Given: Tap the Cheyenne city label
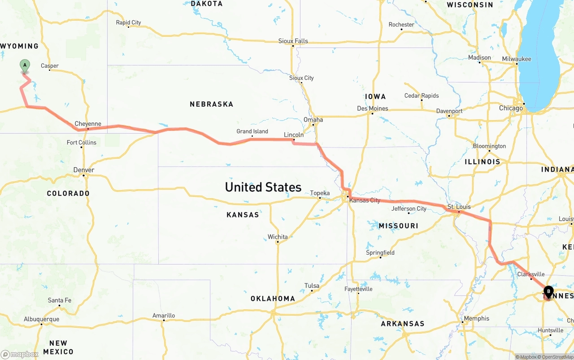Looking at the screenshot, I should pos(88,124).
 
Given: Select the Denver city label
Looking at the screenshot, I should pos(84,170).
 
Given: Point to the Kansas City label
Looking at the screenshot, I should pos(365,200).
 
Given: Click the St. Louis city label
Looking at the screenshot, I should pos(459,207).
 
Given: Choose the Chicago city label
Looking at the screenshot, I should pos(511,108).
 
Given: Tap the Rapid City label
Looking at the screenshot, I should pos(128,22).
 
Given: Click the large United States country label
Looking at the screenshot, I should pos(263,187).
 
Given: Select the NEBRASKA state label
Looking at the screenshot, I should pos(211,104).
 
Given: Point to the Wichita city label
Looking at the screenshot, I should pos(278,237).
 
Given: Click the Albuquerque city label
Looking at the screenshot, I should pos(41,319).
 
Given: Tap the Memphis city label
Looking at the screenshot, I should pos(477,318).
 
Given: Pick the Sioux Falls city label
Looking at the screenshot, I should pos(293,41).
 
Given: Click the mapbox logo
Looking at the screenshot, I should pos(20,354).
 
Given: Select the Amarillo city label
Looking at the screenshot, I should pos(164,315).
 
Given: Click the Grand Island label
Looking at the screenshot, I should pos(252,131).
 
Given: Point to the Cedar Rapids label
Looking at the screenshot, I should pos(422,95).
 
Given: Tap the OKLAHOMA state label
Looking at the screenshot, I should pos(273,299).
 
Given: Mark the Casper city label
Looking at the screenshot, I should pos(50,66).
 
